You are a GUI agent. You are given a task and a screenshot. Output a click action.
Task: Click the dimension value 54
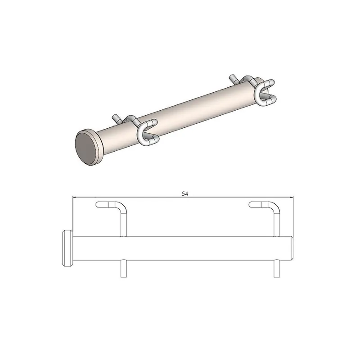[x=184, y=193]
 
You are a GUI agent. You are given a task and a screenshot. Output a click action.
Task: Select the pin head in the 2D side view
[x=67, y=248]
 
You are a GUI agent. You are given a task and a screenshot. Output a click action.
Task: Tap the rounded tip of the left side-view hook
[x=99, y=205]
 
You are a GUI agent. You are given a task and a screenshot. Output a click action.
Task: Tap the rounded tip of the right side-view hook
[x=252, y=205]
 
